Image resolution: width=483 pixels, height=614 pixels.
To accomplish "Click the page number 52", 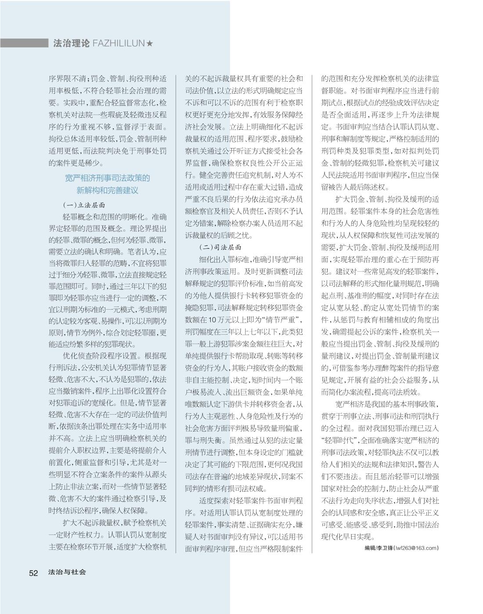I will click(33, 573).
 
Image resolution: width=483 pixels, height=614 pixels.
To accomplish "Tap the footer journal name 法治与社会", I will click(67, 572).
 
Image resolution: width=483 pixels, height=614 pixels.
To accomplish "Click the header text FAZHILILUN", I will click(119, 43).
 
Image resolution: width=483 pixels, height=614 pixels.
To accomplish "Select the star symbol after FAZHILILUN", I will click(150, 43).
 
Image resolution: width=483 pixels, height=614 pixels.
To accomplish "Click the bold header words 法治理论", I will click(71, 43).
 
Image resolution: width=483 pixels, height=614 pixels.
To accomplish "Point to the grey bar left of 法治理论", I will click(24, 43).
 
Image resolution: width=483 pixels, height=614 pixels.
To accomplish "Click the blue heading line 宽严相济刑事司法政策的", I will click(107, 178).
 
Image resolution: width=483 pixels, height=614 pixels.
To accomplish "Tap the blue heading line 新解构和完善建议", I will click(107, 190).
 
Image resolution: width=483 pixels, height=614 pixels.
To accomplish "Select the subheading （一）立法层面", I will click(84, 205).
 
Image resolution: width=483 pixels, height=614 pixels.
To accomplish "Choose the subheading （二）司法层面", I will click(220, 247).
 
